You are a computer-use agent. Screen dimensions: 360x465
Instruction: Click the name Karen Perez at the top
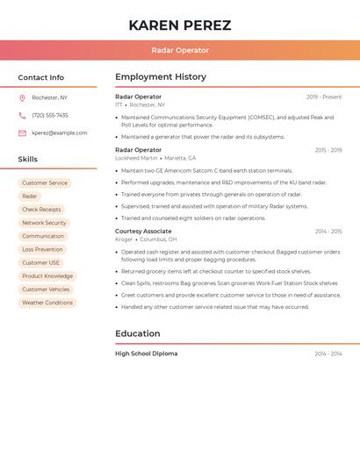click(x=180, y=25)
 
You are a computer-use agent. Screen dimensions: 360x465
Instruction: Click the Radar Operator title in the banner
click(x=180, y=50)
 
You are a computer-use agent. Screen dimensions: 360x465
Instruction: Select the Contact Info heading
click(x=41, y=77)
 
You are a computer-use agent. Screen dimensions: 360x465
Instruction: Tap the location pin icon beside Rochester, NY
click(x=22, y=97)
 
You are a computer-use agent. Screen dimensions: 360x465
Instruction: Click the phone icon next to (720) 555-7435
click(x=22, y=115)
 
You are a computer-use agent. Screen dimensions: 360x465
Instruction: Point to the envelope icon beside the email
click(x=22, y=132)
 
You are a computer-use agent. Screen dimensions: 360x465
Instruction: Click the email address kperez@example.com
click(x=60, y=132)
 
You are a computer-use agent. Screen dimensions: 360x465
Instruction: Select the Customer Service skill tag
click(x=45, y=183)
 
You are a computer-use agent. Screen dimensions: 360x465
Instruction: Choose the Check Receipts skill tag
click(x=41, y=210)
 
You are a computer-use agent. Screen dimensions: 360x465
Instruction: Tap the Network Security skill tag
click(x=44, y=223)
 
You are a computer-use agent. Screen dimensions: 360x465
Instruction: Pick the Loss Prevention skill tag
click(x=42, y=249)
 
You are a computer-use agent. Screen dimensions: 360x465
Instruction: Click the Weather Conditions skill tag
click(x=47, y=303)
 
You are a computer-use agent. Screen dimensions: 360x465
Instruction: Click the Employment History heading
click(x=161, y=77)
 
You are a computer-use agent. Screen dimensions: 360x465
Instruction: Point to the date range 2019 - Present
click(x=324, y=97)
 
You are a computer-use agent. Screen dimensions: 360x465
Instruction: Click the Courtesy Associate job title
click(x=143, y=231)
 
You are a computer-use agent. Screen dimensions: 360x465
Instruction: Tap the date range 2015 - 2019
click(x=328, y=150)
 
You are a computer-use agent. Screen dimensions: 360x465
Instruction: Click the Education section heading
click(x=138, y=333)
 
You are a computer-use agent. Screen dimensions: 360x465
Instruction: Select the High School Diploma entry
click(x=146, y=354)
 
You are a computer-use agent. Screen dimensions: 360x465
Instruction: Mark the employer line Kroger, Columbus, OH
click(x=146, y=239)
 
